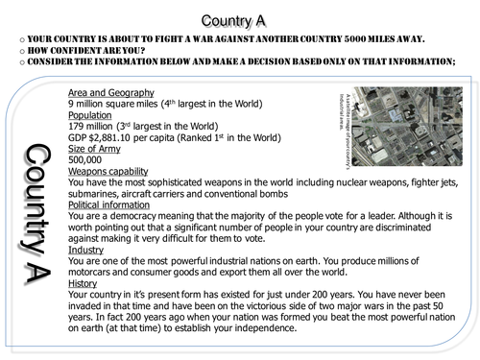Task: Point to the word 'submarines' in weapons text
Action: point(102,208)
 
